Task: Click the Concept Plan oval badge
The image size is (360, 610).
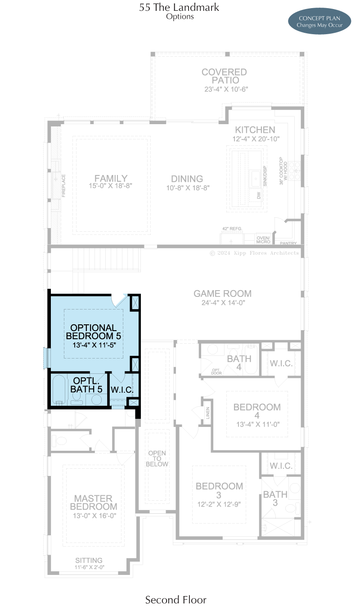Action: click(319, 21)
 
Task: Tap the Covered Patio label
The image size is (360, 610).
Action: click(225, 76)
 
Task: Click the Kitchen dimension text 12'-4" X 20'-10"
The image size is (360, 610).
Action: click(256, 139)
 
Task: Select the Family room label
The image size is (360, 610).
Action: click(111, 178)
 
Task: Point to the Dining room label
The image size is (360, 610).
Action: click(187, 179)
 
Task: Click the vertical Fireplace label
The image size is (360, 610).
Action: click(63, 186)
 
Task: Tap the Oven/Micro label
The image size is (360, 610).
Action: click(263, 240)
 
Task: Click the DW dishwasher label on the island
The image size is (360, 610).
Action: click(259, 195)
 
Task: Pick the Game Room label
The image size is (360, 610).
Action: click(222, 294)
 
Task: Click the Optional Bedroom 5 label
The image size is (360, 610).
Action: click(94, 332)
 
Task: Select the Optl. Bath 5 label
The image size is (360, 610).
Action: click(86, 385)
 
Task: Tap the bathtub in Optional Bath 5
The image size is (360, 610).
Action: click(59, 390)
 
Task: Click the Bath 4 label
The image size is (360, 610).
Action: click(239, 363)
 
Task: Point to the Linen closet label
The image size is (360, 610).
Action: click(208, 413)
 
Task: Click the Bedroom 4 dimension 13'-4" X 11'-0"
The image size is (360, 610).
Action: click(258, 424)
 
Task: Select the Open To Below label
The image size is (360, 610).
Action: click(157, 458)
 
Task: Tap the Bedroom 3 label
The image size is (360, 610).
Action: click(219, 490)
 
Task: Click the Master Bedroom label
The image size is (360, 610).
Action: click(94, 502)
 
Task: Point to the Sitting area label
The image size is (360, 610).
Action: click(89, 560)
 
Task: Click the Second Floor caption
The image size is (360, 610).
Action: click(175, 600)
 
